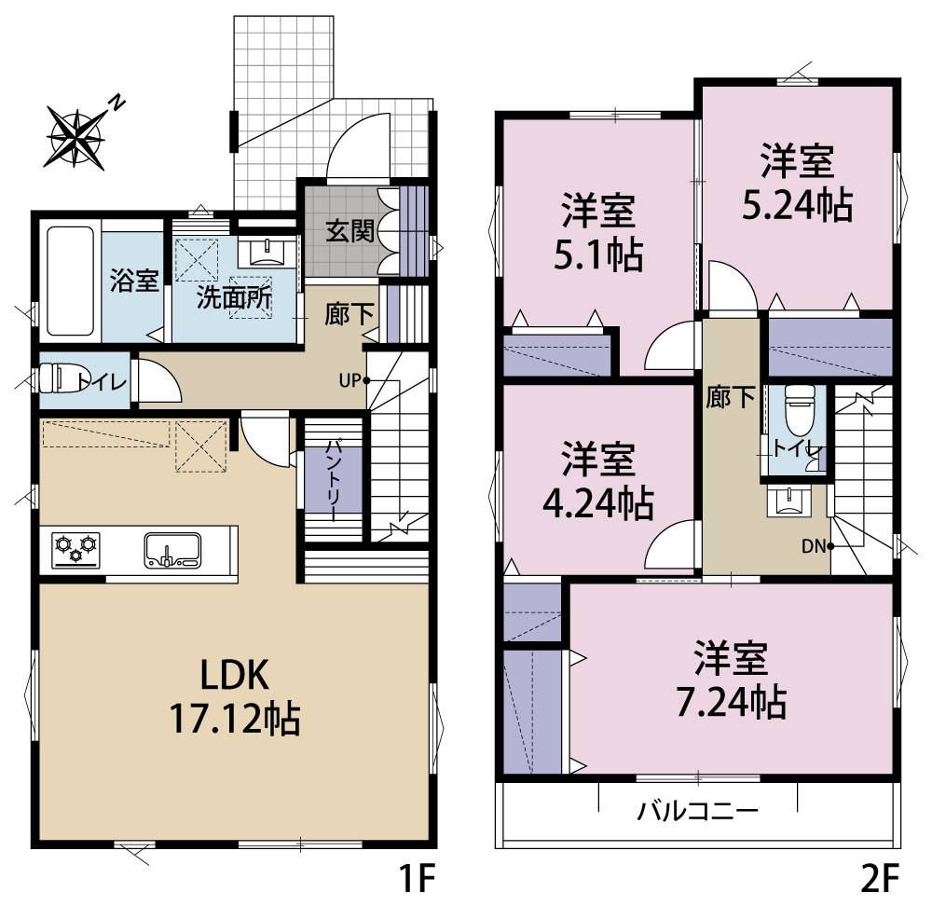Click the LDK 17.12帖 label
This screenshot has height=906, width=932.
pos(233,694)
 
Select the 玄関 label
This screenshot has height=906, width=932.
pos(349,230)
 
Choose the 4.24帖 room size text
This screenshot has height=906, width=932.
pos(597,503)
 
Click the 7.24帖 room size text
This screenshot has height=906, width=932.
pos(731,701)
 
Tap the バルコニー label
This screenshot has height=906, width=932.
pos(698,810)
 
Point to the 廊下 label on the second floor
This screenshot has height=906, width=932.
pos(730,398)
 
